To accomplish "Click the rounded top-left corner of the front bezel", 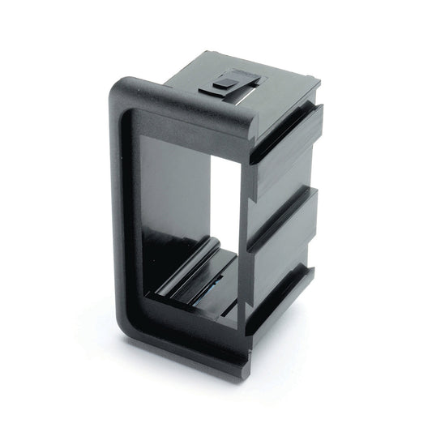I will click(124, 88).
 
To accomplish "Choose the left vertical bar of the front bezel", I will click(130, 211).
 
